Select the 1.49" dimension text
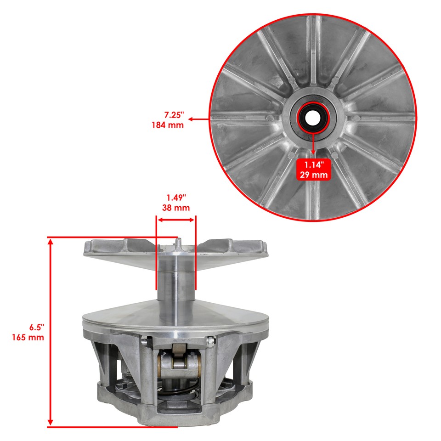pyautogui.click(x=176, y=198)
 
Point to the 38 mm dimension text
pyautogui.click(x=176, y=208)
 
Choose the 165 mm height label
pyautogui.click(x=28, y=337)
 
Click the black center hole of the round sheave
pyautogui.click(x=313, y=118)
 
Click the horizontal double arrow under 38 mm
pyautogui.click(x=176, y=220)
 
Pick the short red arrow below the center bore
pyautogui.click(x=313, y=145)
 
